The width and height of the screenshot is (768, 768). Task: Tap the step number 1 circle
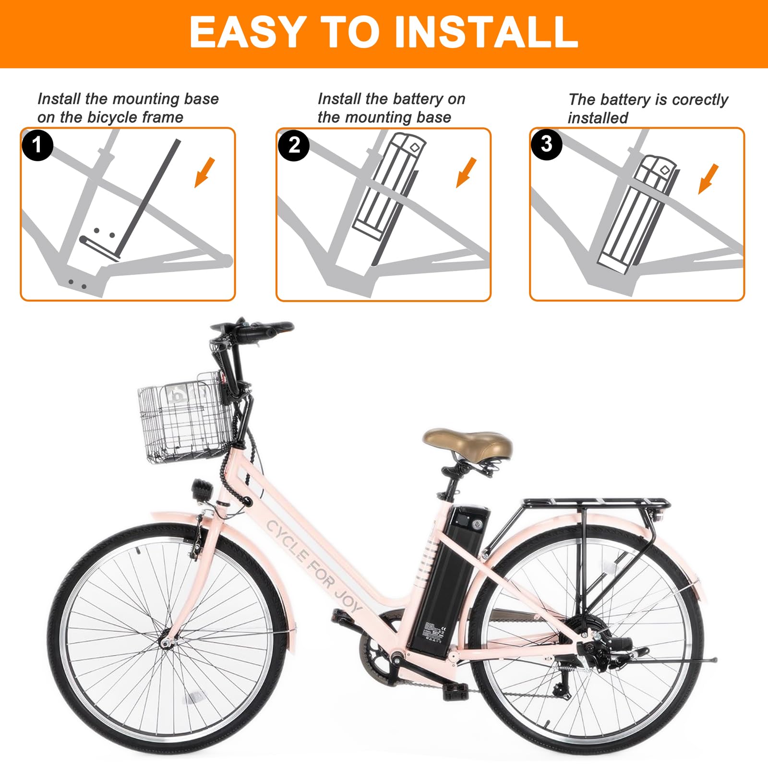pyautogui.click(x=37, y=144)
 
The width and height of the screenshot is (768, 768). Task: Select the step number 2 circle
pyautogui.click(x=294, y=145)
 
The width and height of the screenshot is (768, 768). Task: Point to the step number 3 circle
pyautogui.click(x=546, y=144)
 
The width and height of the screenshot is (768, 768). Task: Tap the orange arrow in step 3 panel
pyautogui.click(x=708, y=179)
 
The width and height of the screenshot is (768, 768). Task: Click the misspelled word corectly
pyautogui.click(x=700, y=100)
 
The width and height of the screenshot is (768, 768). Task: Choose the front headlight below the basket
pyautogui.click(x=202, y=490)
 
